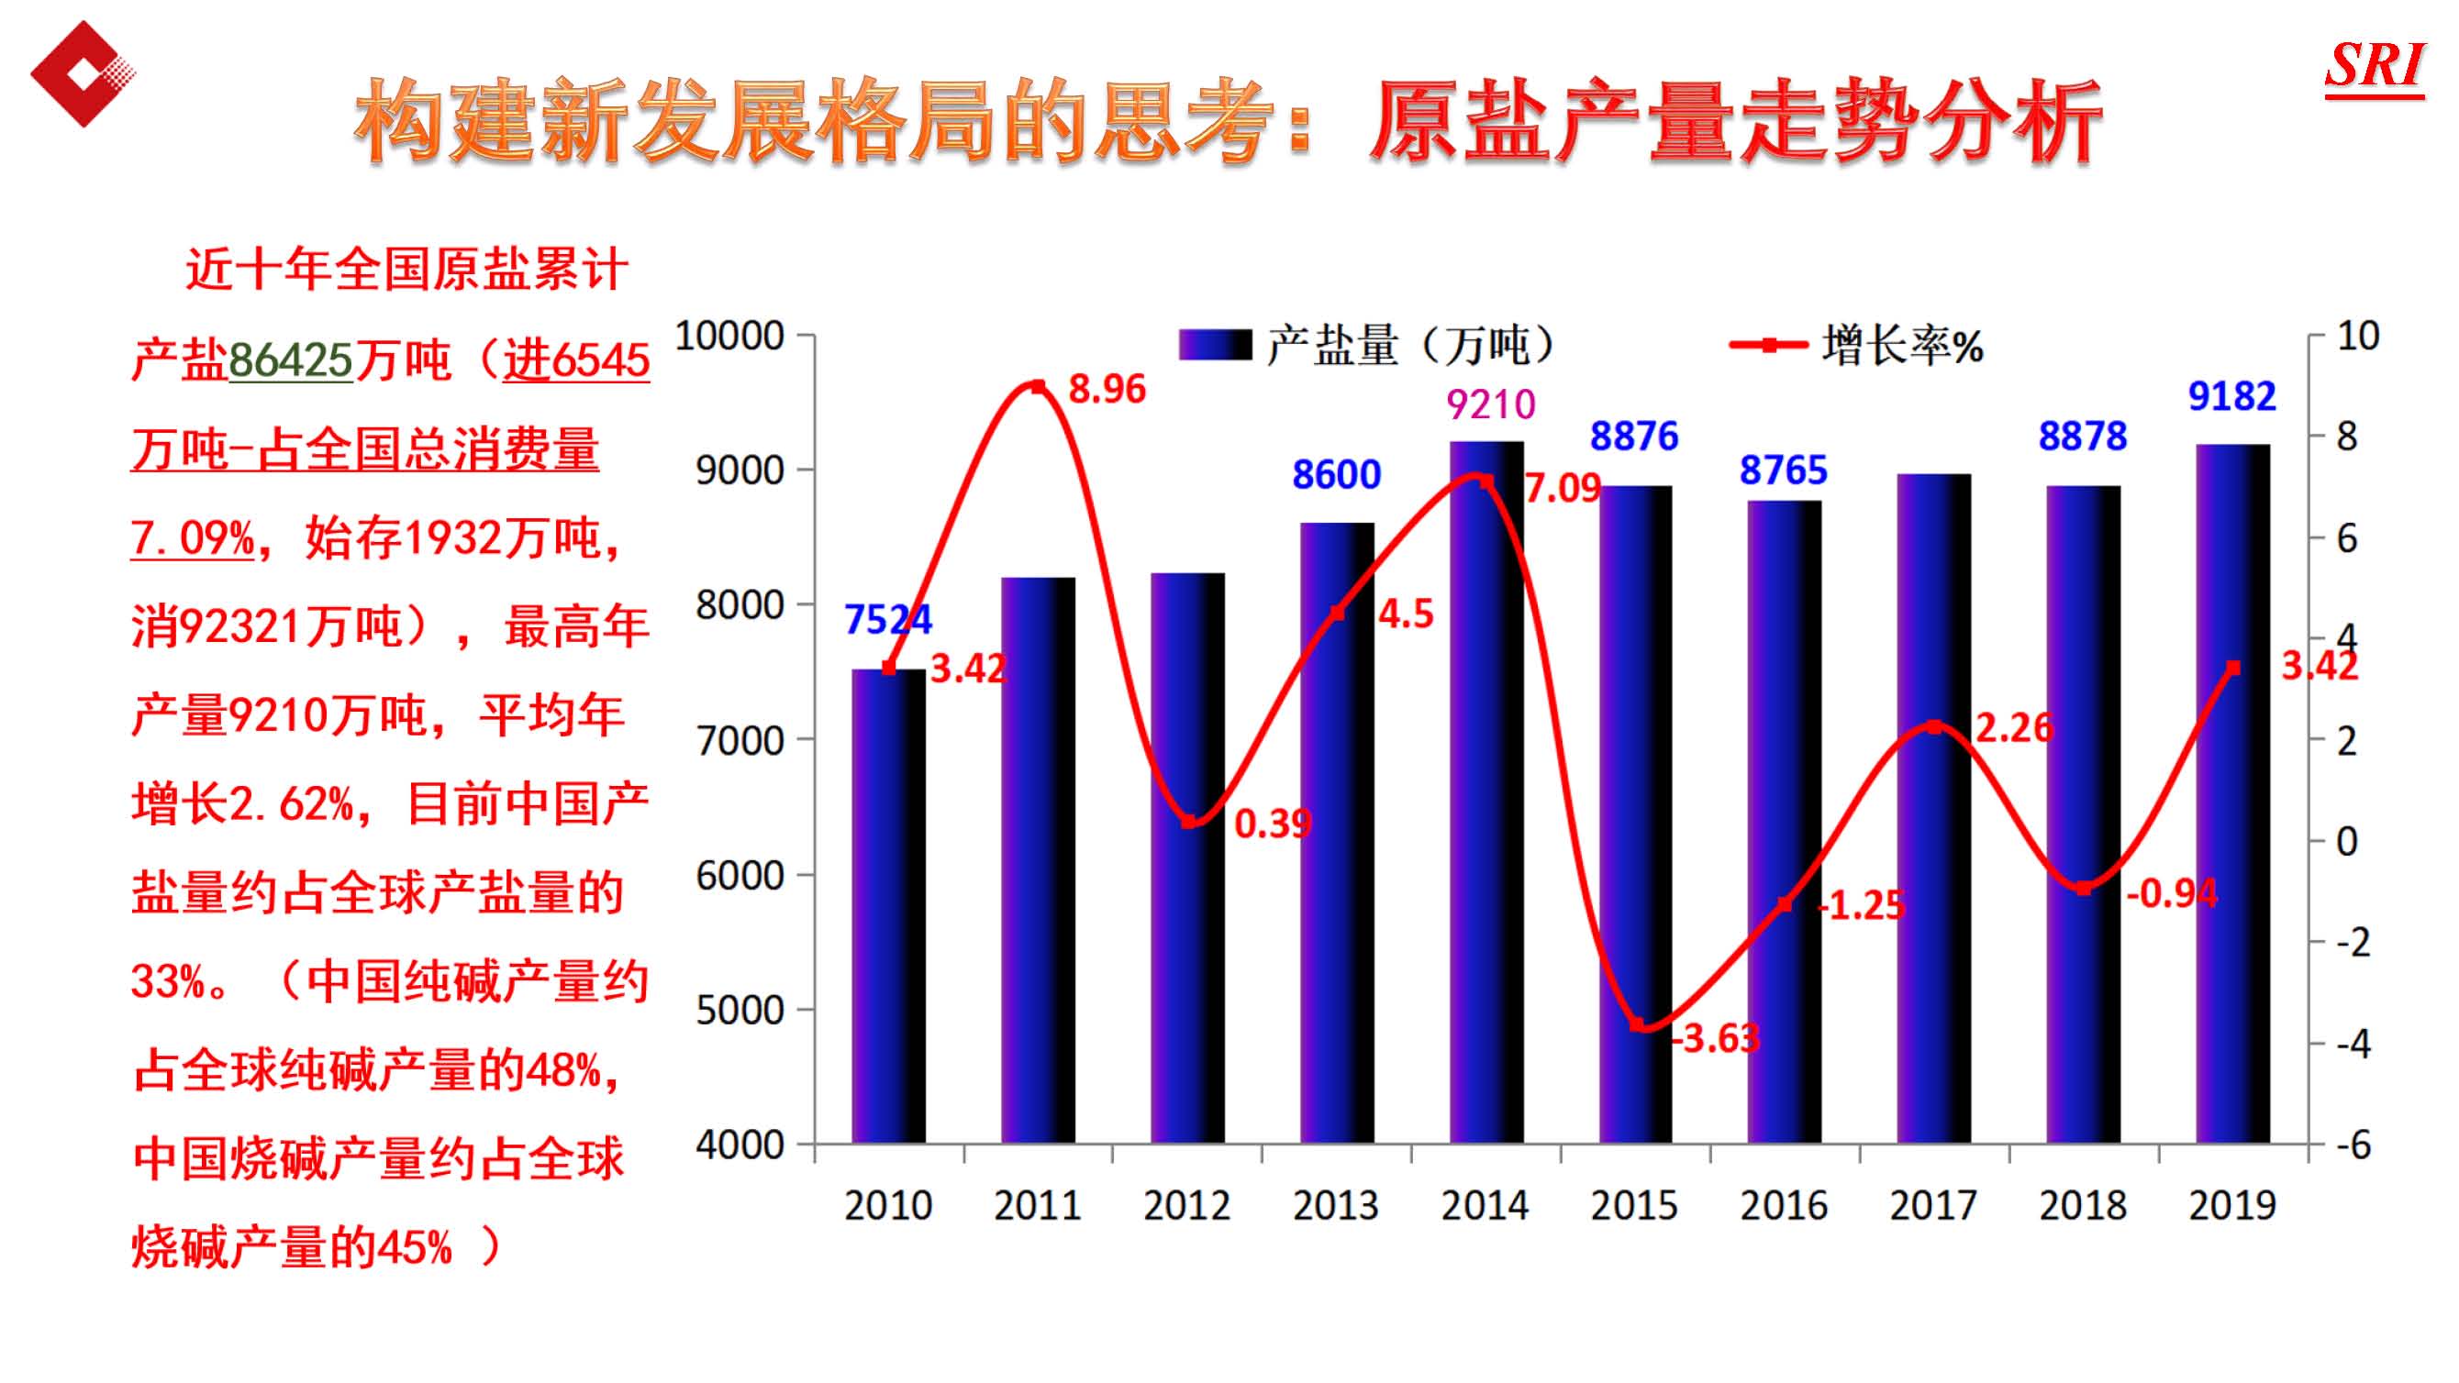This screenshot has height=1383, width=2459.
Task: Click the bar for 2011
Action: point(1038,859)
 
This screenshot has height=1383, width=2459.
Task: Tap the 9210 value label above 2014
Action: point(1490,404)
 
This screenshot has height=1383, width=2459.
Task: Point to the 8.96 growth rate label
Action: point(1107,390)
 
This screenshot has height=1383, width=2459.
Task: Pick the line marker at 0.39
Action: point(1188,822)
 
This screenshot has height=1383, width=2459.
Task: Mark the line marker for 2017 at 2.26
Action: point(1934,727)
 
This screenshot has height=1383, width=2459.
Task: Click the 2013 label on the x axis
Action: point(1335,1205)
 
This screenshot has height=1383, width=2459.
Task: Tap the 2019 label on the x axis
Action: point(2231,1205)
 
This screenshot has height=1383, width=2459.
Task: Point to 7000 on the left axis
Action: point(740,741)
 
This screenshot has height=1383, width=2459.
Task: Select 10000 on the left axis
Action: point(729,336)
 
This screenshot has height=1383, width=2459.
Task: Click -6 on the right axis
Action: point(2353,1145)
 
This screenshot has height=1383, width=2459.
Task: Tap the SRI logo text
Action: point(2374,67)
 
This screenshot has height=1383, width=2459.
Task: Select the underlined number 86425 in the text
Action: point(291,360)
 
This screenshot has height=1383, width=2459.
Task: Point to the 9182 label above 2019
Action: point(2231,396)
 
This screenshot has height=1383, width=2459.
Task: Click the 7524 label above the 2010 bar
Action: point(888,619)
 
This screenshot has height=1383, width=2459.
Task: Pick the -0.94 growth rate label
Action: point(2172,893)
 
